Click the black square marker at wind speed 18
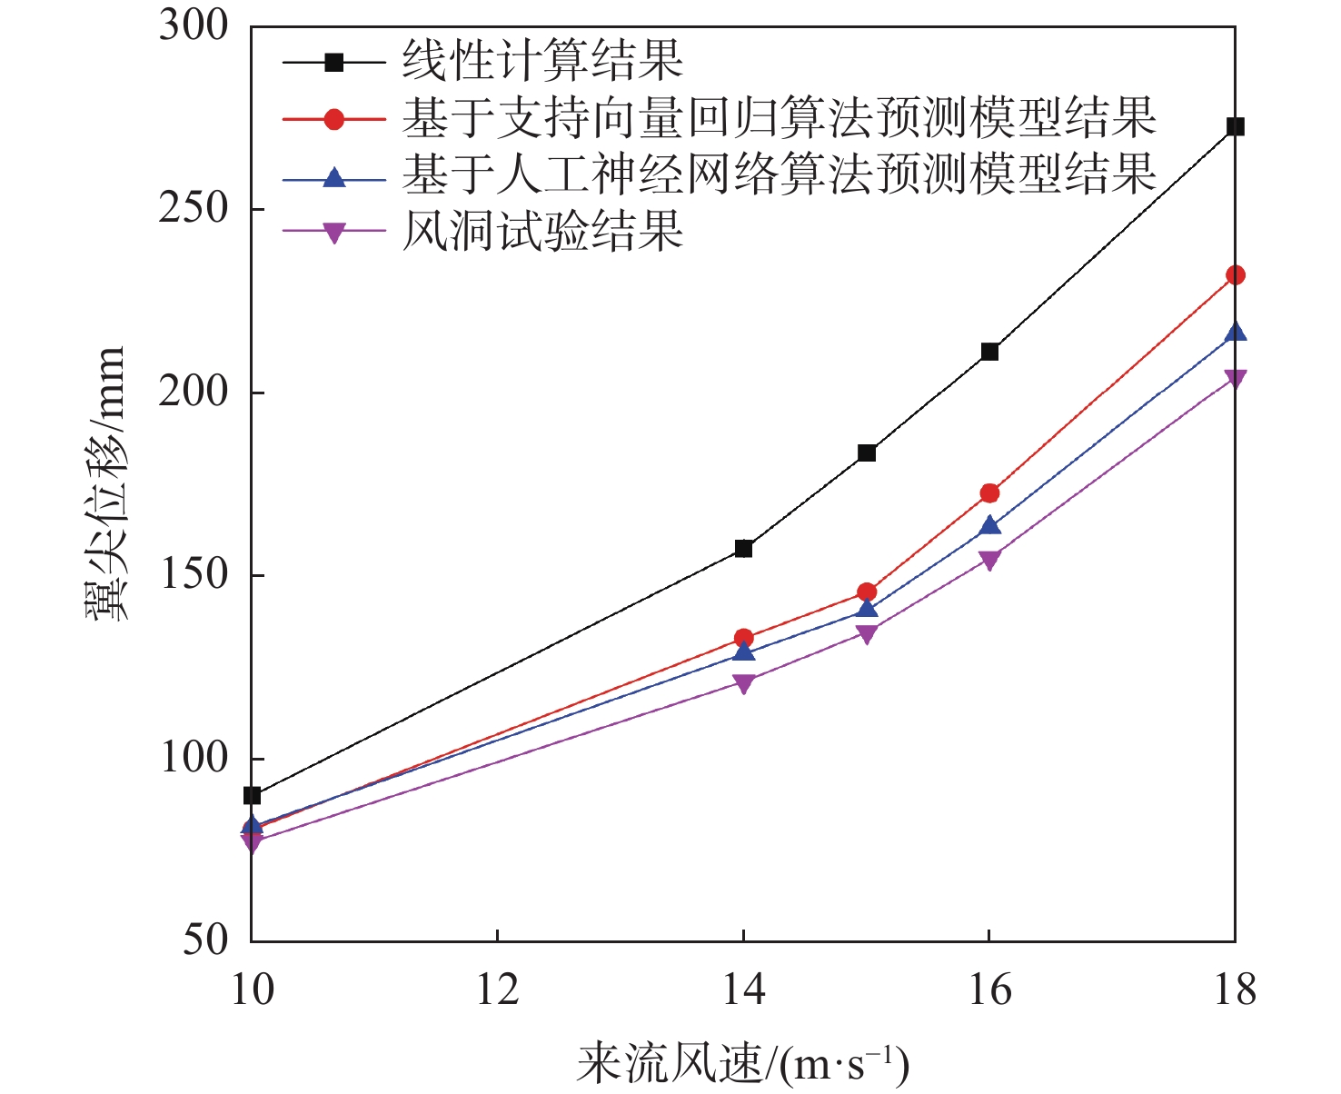1235,126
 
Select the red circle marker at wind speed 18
1235,275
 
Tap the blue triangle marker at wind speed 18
1235,333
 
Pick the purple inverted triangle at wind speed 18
1235,378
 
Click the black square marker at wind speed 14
743,548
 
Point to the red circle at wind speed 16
989,493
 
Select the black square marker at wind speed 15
867,453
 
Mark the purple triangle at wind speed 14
743,683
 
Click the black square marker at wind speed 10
252,796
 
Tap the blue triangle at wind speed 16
989,526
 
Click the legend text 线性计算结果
542,62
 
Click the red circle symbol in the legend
334,119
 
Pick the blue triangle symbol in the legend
334,176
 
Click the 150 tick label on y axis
194,575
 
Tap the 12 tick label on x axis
498,990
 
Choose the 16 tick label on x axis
989,990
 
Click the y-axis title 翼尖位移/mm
107,483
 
